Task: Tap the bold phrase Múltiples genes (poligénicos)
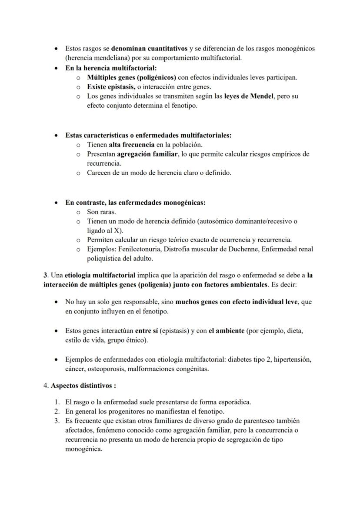131,77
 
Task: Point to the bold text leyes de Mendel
250,96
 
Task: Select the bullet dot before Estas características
57,135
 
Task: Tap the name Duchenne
236,250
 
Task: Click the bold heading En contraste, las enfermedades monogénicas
135,203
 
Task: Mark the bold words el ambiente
227,330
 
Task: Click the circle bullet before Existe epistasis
78,87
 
